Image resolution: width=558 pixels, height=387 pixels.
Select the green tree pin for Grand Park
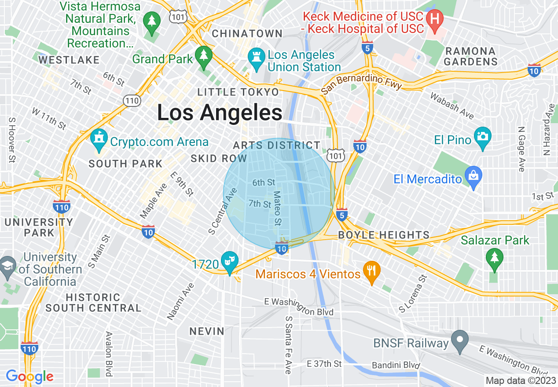(204, 56)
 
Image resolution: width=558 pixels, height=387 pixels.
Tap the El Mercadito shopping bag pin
(474, 177)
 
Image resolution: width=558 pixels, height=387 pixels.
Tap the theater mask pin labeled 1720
(229, 261)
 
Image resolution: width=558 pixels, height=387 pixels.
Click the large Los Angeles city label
(220, 113)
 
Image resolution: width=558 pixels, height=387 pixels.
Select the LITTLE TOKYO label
(238, 92)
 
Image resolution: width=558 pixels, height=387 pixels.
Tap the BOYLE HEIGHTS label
(384, 235)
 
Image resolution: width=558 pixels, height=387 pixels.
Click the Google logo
(29, 376)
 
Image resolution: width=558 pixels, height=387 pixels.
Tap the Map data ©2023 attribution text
(520, 380)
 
